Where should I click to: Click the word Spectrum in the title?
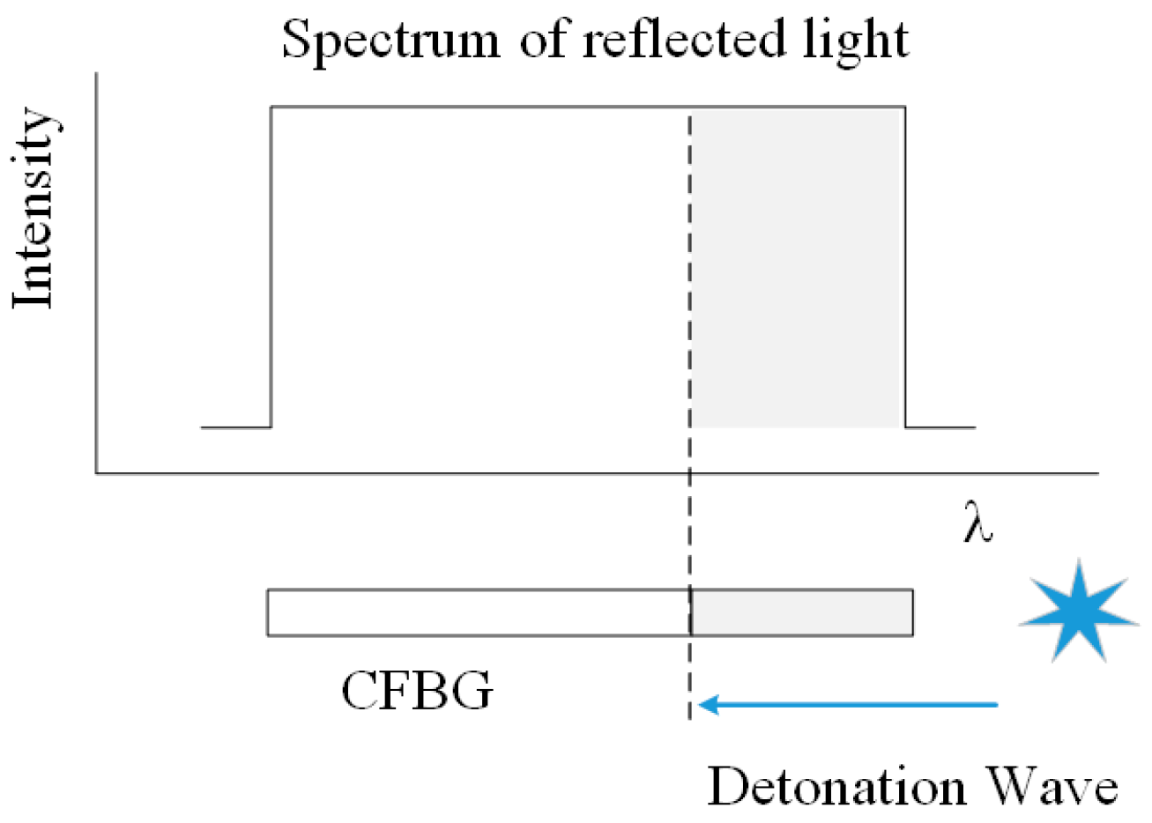pos(390,40)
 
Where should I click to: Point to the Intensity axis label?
pos(35,208)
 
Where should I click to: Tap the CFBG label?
pos(417,692)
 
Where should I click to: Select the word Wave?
pos(1049,787)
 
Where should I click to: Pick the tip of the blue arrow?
pos(702,705)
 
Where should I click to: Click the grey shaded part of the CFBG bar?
pos(802,612)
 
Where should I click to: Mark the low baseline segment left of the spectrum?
pos(235,427)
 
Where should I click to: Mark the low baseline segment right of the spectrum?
pos(940,427)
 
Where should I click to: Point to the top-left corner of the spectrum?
pos(271,108)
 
